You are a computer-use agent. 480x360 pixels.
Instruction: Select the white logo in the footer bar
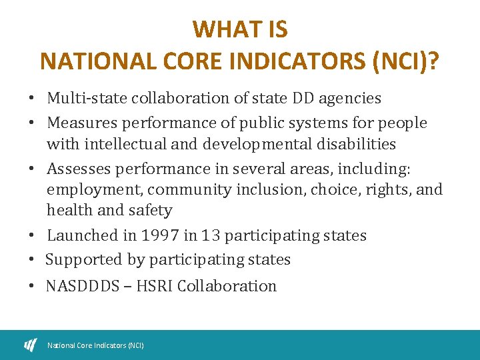point(31,345)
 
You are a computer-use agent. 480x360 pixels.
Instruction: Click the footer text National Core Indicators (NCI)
point(95,345)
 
